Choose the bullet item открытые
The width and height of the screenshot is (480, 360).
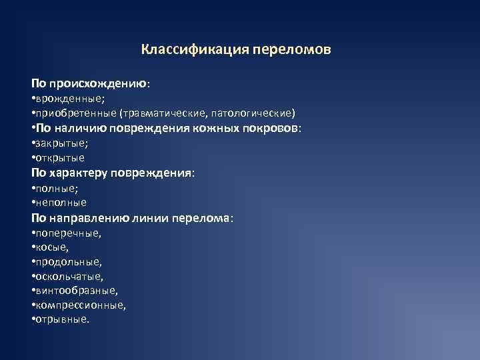coord(60,158)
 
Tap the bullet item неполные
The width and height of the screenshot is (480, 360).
coord(61,202)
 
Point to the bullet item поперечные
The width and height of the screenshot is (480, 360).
coord(67,233)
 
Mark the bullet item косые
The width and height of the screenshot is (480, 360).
coord(53,247)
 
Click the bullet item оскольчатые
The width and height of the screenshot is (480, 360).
coord(69,276)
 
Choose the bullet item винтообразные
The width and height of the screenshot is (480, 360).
coord(76,291)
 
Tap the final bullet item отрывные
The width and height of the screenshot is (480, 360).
coord(61,319)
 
